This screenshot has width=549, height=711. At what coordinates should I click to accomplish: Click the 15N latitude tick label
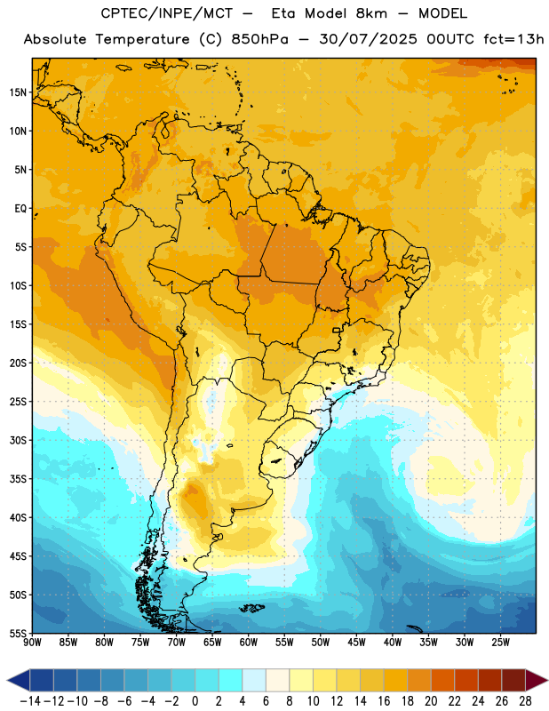coord(18,92)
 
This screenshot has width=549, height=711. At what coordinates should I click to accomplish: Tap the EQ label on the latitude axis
coord(20,209)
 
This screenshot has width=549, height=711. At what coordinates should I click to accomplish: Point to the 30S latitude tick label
coord(18,440)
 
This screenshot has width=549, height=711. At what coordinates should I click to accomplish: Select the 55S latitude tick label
coord(18,633)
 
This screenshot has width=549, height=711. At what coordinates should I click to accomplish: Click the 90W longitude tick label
coord(32,643)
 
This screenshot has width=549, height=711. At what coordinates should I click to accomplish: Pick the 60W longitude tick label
coord(249,643)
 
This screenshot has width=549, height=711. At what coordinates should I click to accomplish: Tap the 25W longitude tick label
coord(500,643)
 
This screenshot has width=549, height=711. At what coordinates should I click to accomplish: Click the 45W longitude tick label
coord(356,643)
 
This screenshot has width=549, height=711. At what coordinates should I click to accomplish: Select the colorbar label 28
coord(525,701)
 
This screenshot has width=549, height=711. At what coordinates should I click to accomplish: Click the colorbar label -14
coord(30,701)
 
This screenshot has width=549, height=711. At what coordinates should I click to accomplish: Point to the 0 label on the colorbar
coord(195,701)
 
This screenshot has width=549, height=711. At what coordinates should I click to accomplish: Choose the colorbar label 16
coord(384,701)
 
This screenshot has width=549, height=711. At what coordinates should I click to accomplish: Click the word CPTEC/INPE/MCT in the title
coord(167,13)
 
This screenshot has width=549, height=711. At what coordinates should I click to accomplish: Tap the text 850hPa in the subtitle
coord(259,39)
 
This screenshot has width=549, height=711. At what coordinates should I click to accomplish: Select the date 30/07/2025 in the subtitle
coord(368,39)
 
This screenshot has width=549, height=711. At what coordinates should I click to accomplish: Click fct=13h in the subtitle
coord(513,39)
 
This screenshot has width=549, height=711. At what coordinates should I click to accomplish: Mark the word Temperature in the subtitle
coord(142,39)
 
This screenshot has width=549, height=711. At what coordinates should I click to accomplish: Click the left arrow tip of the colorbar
coord(7,680)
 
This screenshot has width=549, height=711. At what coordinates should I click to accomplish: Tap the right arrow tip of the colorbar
coord(547,680)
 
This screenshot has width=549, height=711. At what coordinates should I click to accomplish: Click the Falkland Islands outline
coord(252,608)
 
